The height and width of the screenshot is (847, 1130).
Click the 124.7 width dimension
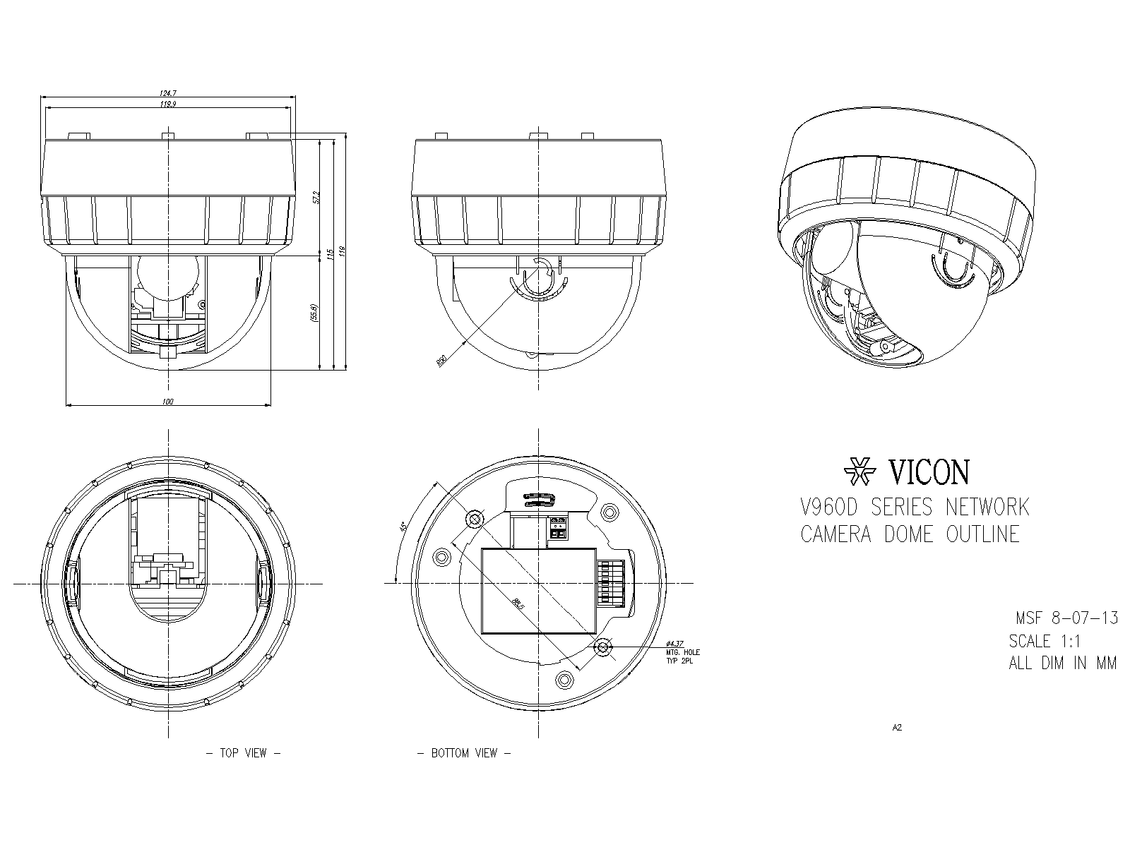click(x=167, y=92)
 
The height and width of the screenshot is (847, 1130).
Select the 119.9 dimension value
click(x=167, y=104)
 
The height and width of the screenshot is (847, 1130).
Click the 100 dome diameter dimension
click(x=167, y=402)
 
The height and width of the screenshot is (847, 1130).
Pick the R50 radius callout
click(x=442, y=361)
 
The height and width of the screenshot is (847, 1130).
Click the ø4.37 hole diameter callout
click(x=675, y=644)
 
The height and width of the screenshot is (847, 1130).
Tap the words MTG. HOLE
click(x=682, y=653)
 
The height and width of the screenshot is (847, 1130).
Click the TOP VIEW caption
click(x=243, y=753)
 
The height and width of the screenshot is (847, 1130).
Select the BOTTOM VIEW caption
click(x=464, y=753)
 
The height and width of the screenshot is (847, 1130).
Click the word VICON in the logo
click(x=929, y=472)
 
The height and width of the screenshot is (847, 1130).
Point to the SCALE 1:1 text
click(x=1044, y=641)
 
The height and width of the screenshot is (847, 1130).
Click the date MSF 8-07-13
click(x=1066, y=618)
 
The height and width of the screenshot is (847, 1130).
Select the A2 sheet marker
click(x=897, y=728)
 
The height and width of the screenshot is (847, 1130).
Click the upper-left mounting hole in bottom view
click(x=475, y=520)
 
